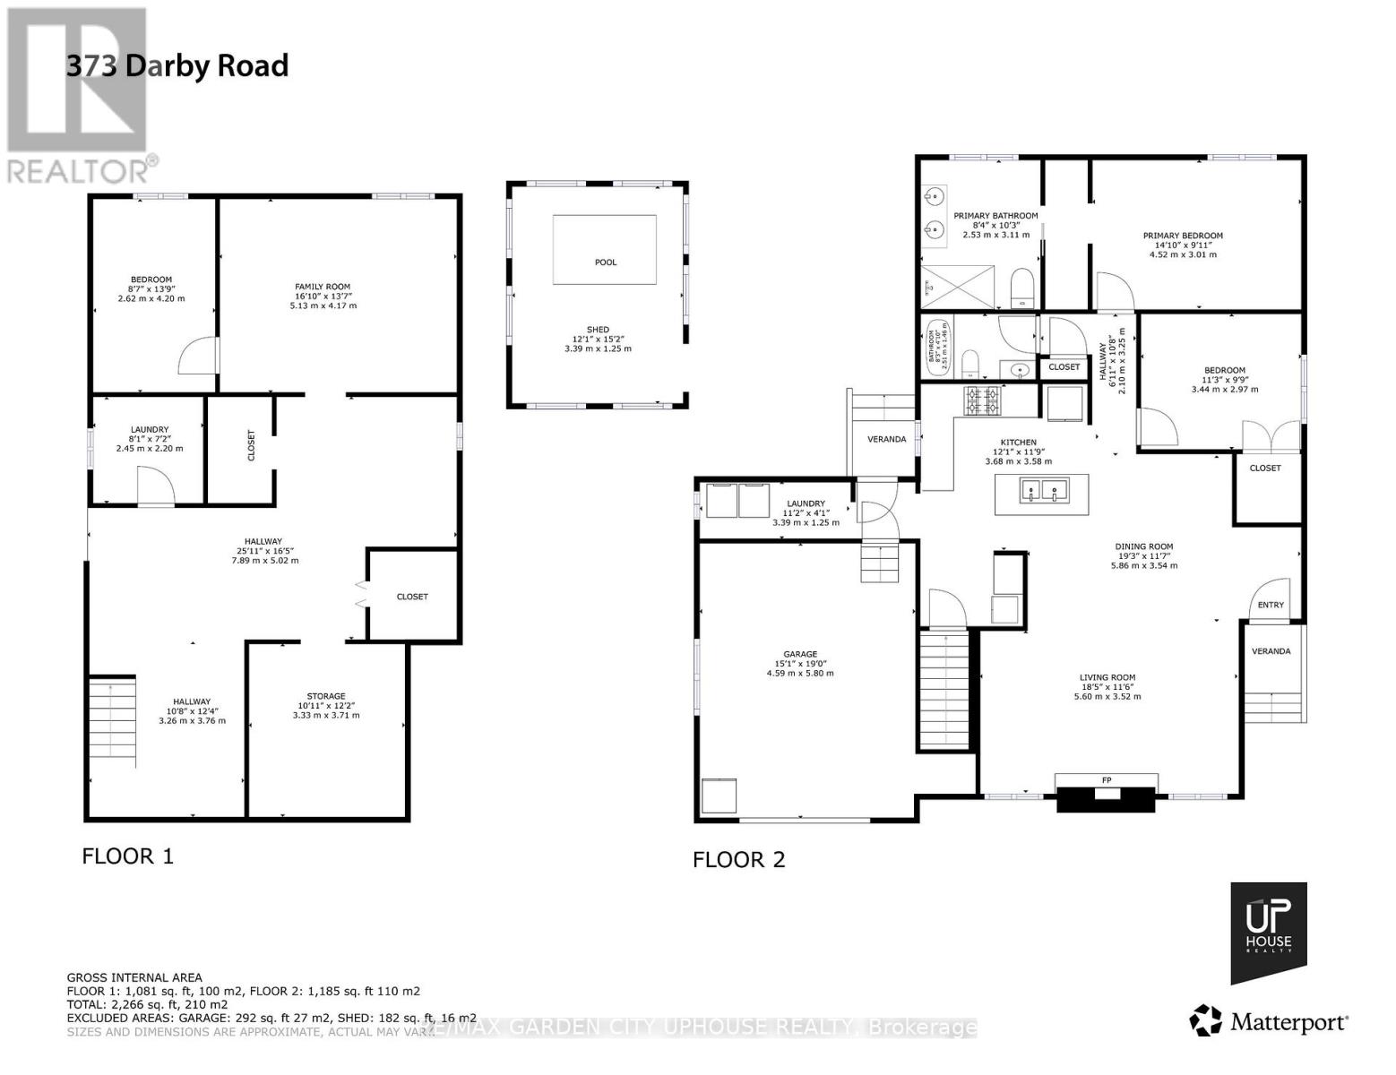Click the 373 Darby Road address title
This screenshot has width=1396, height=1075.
pos(177,66)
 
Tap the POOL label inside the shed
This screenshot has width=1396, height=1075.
pos(606,262)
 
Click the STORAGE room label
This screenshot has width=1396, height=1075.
pos(326,696)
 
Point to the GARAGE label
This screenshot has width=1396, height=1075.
pos(799,655)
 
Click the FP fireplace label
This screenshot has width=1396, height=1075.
pos(1106,780)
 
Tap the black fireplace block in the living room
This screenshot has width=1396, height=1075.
pos(1106,799)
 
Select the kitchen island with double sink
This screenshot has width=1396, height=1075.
pos(1042,494)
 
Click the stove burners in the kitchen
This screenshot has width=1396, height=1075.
pos(981,401)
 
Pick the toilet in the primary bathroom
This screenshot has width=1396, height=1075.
pos(1021,288)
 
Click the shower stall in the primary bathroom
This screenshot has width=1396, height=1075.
pos(958,287)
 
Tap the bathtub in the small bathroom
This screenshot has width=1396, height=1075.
pos(937,347)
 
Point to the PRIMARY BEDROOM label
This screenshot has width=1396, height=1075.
pos(1182,236)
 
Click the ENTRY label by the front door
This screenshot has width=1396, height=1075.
pos(1270,605)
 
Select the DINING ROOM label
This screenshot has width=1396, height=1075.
pos(1143,546)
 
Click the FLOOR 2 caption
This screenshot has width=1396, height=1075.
pos(738,860)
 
